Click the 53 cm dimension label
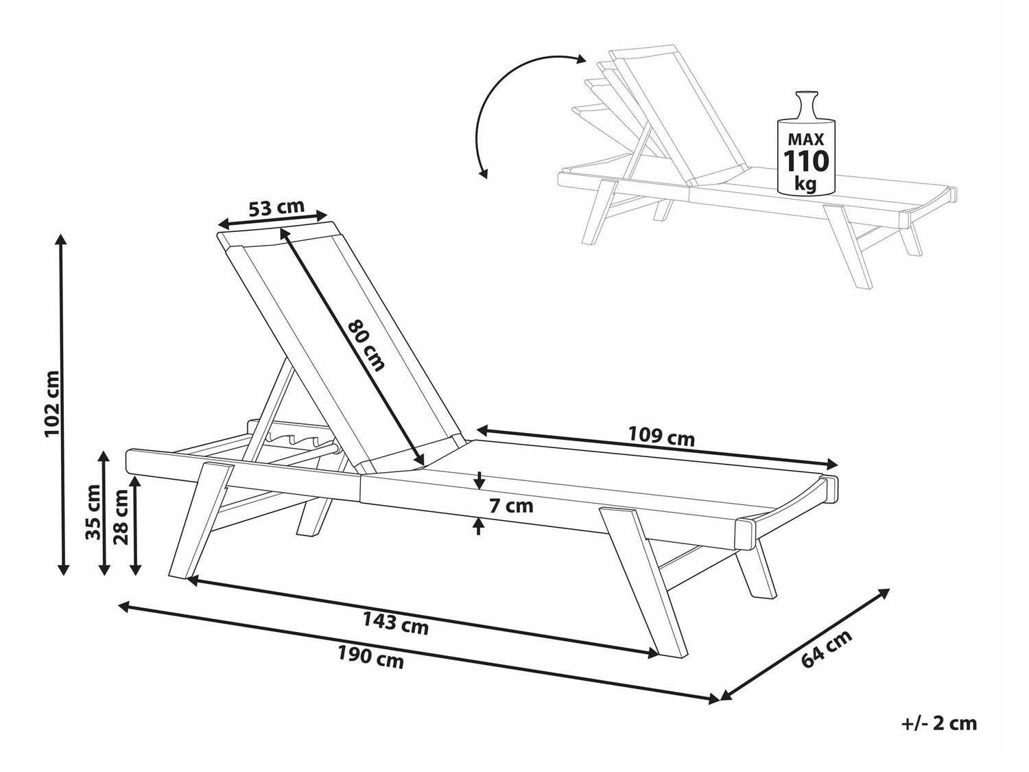tap(276, 207)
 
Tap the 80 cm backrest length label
tap(368, 345)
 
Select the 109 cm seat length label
tap(661, 437)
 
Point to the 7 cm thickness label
tap(510, 506)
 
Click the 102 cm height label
tap(52, 404)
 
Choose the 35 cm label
tap(94, 512)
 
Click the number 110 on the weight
tap(806, 161)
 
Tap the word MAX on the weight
tap(806, 139)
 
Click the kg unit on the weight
tap(806, 183)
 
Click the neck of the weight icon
tap(806, 107)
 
